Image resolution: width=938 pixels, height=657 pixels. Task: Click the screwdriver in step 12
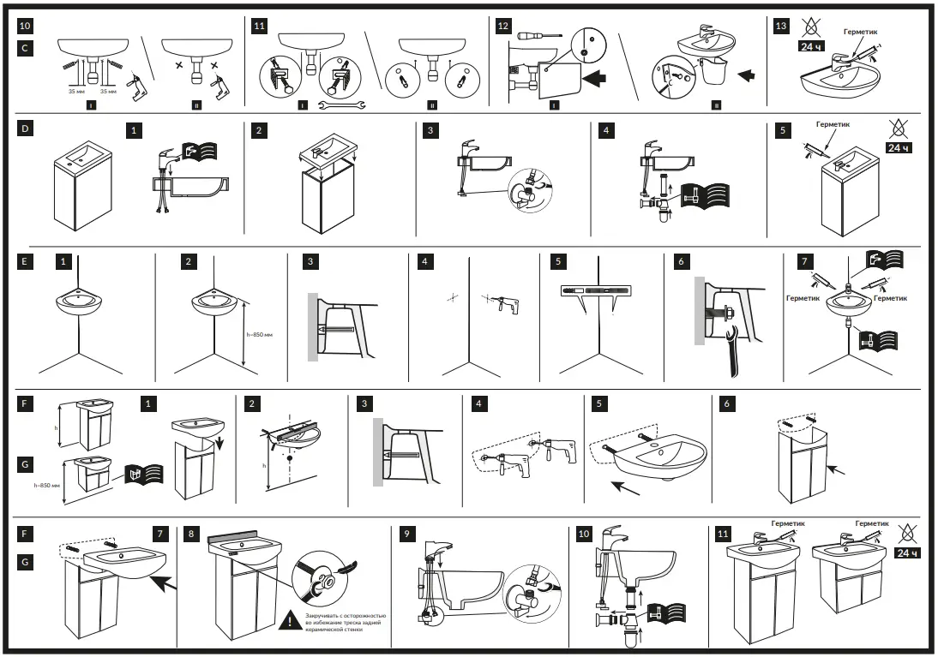click(x=538, y=35)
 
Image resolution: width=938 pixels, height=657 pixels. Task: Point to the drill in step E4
click(x=504, y=302)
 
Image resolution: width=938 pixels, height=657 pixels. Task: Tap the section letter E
click(x=26, y=260)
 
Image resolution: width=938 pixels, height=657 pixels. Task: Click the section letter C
click(x=26, y=49)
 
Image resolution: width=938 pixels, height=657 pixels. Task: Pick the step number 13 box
click(x=780, y=27)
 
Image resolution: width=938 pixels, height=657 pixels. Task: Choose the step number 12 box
click(x=503, y=27)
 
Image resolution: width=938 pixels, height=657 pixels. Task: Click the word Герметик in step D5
click(x=832, y=125)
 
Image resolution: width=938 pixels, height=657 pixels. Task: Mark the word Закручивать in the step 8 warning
click(x=324, y=615)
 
